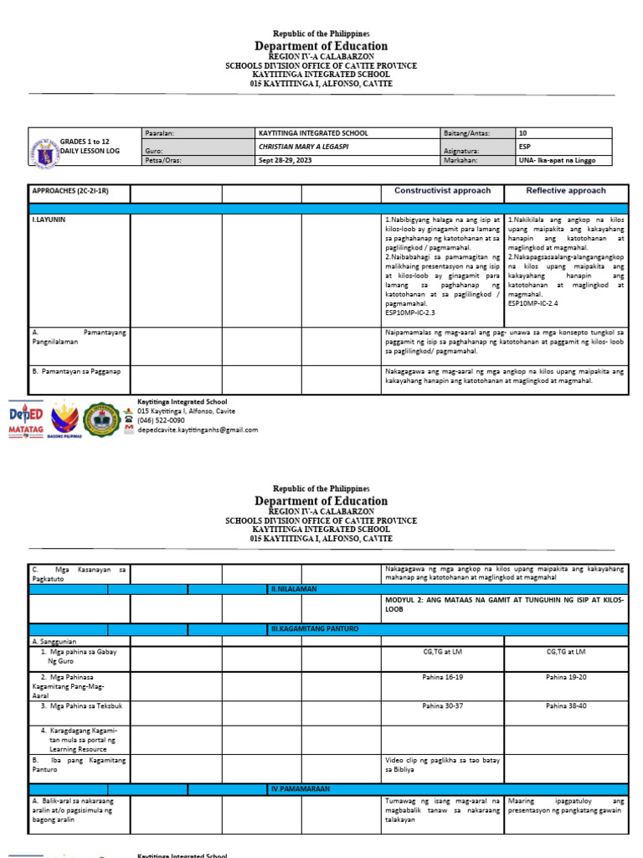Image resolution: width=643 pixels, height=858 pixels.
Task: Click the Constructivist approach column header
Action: [x=442, y=191]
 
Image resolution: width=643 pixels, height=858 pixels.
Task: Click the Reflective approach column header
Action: [x=565, y=191]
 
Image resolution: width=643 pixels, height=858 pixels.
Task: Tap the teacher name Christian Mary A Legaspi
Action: [x=304, y=147]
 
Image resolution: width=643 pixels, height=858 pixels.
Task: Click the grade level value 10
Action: [x=523, y=133]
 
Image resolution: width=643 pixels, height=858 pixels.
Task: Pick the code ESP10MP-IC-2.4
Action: [x=537, y=303]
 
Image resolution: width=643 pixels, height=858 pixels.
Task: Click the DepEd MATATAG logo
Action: [x=25, y=419]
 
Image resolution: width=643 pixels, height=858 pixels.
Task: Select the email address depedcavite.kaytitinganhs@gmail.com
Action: [x=198, y=430]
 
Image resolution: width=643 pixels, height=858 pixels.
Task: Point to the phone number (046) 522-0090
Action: [x=162, y=421]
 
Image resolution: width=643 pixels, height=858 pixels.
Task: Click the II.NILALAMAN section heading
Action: [x=293, y=589]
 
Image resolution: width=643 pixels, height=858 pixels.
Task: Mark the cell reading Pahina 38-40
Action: [x=565, y=706]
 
